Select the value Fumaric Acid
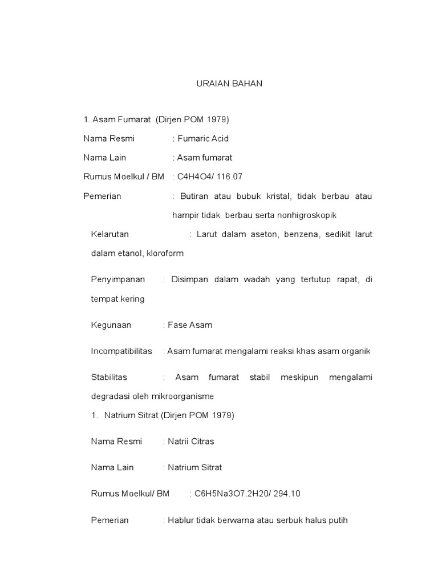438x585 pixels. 203,138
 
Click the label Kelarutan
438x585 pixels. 110,234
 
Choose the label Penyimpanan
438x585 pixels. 118,279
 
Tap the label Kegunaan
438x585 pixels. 111,325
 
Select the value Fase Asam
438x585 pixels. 190,325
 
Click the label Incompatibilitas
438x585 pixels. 121,351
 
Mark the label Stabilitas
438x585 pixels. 109,377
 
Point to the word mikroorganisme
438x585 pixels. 185,396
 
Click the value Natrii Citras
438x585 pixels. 191,441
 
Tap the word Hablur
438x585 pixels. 180,520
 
